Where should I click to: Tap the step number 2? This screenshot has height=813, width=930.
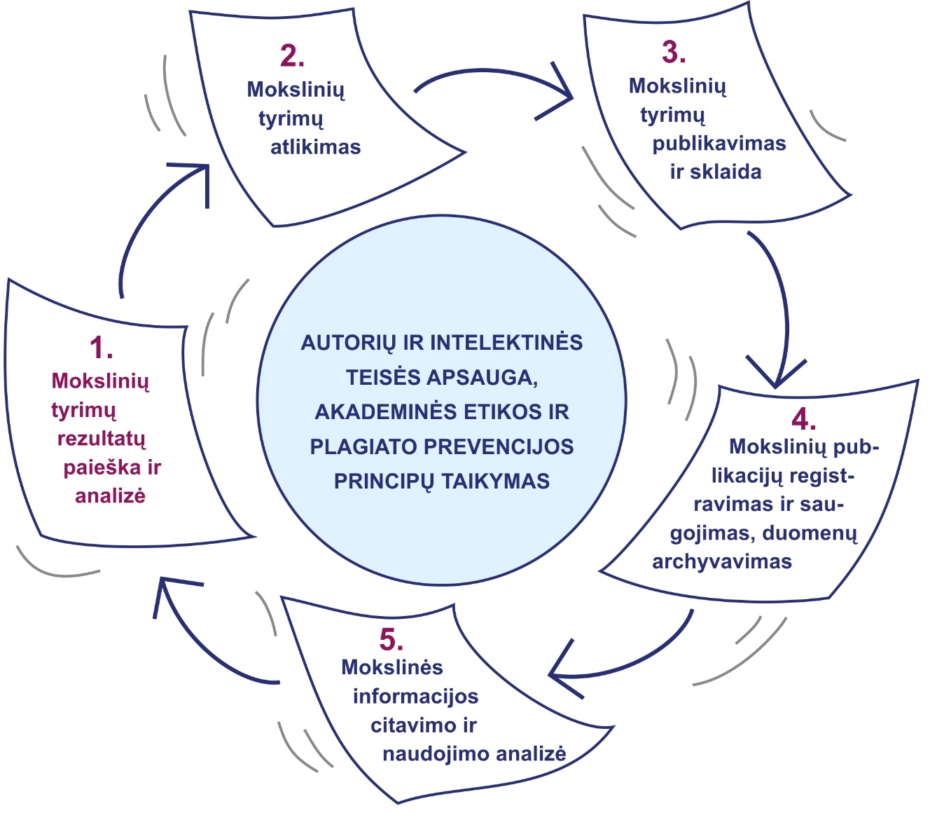291,56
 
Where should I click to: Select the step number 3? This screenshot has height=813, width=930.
673,53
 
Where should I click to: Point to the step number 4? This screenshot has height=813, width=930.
803,419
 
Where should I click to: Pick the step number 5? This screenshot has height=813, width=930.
391,640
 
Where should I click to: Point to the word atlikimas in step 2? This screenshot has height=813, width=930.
315,147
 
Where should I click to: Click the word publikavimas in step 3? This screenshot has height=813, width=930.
719,144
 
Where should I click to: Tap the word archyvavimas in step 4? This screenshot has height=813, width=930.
721,562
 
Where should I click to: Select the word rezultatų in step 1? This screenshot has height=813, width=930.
102,439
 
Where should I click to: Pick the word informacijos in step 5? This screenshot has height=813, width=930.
415,697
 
